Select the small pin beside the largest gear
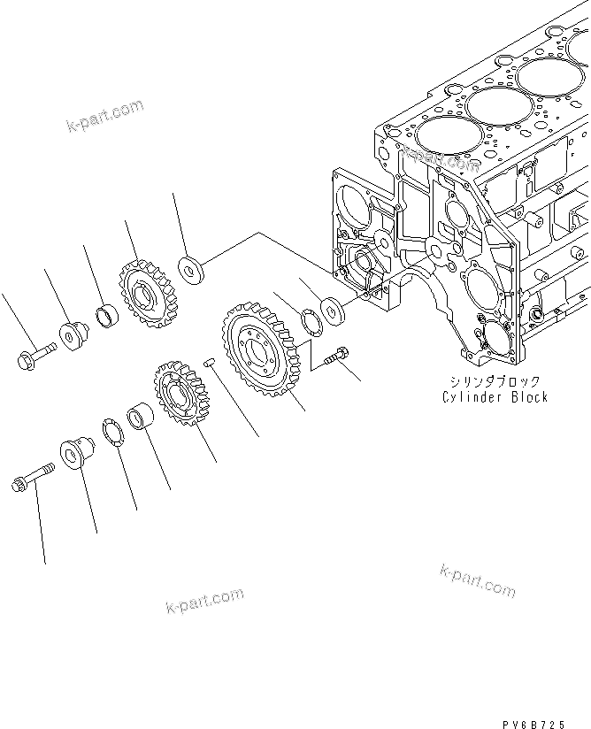(209, 361)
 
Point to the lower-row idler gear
(179, 394)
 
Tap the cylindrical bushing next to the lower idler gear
(142, 416)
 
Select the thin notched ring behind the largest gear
(311, 321)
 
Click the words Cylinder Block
(495, 397)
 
